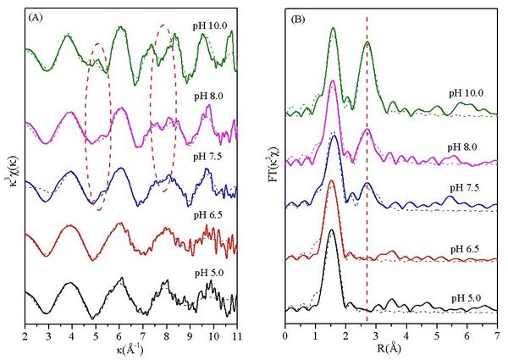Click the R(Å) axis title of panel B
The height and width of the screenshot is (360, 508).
coord(390,348)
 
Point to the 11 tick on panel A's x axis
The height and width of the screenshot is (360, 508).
coord(235,335)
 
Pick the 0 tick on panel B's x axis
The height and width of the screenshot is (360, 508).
coord(286,335)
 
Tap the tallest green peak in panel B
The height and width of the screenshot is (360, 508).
coord(333,29)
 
